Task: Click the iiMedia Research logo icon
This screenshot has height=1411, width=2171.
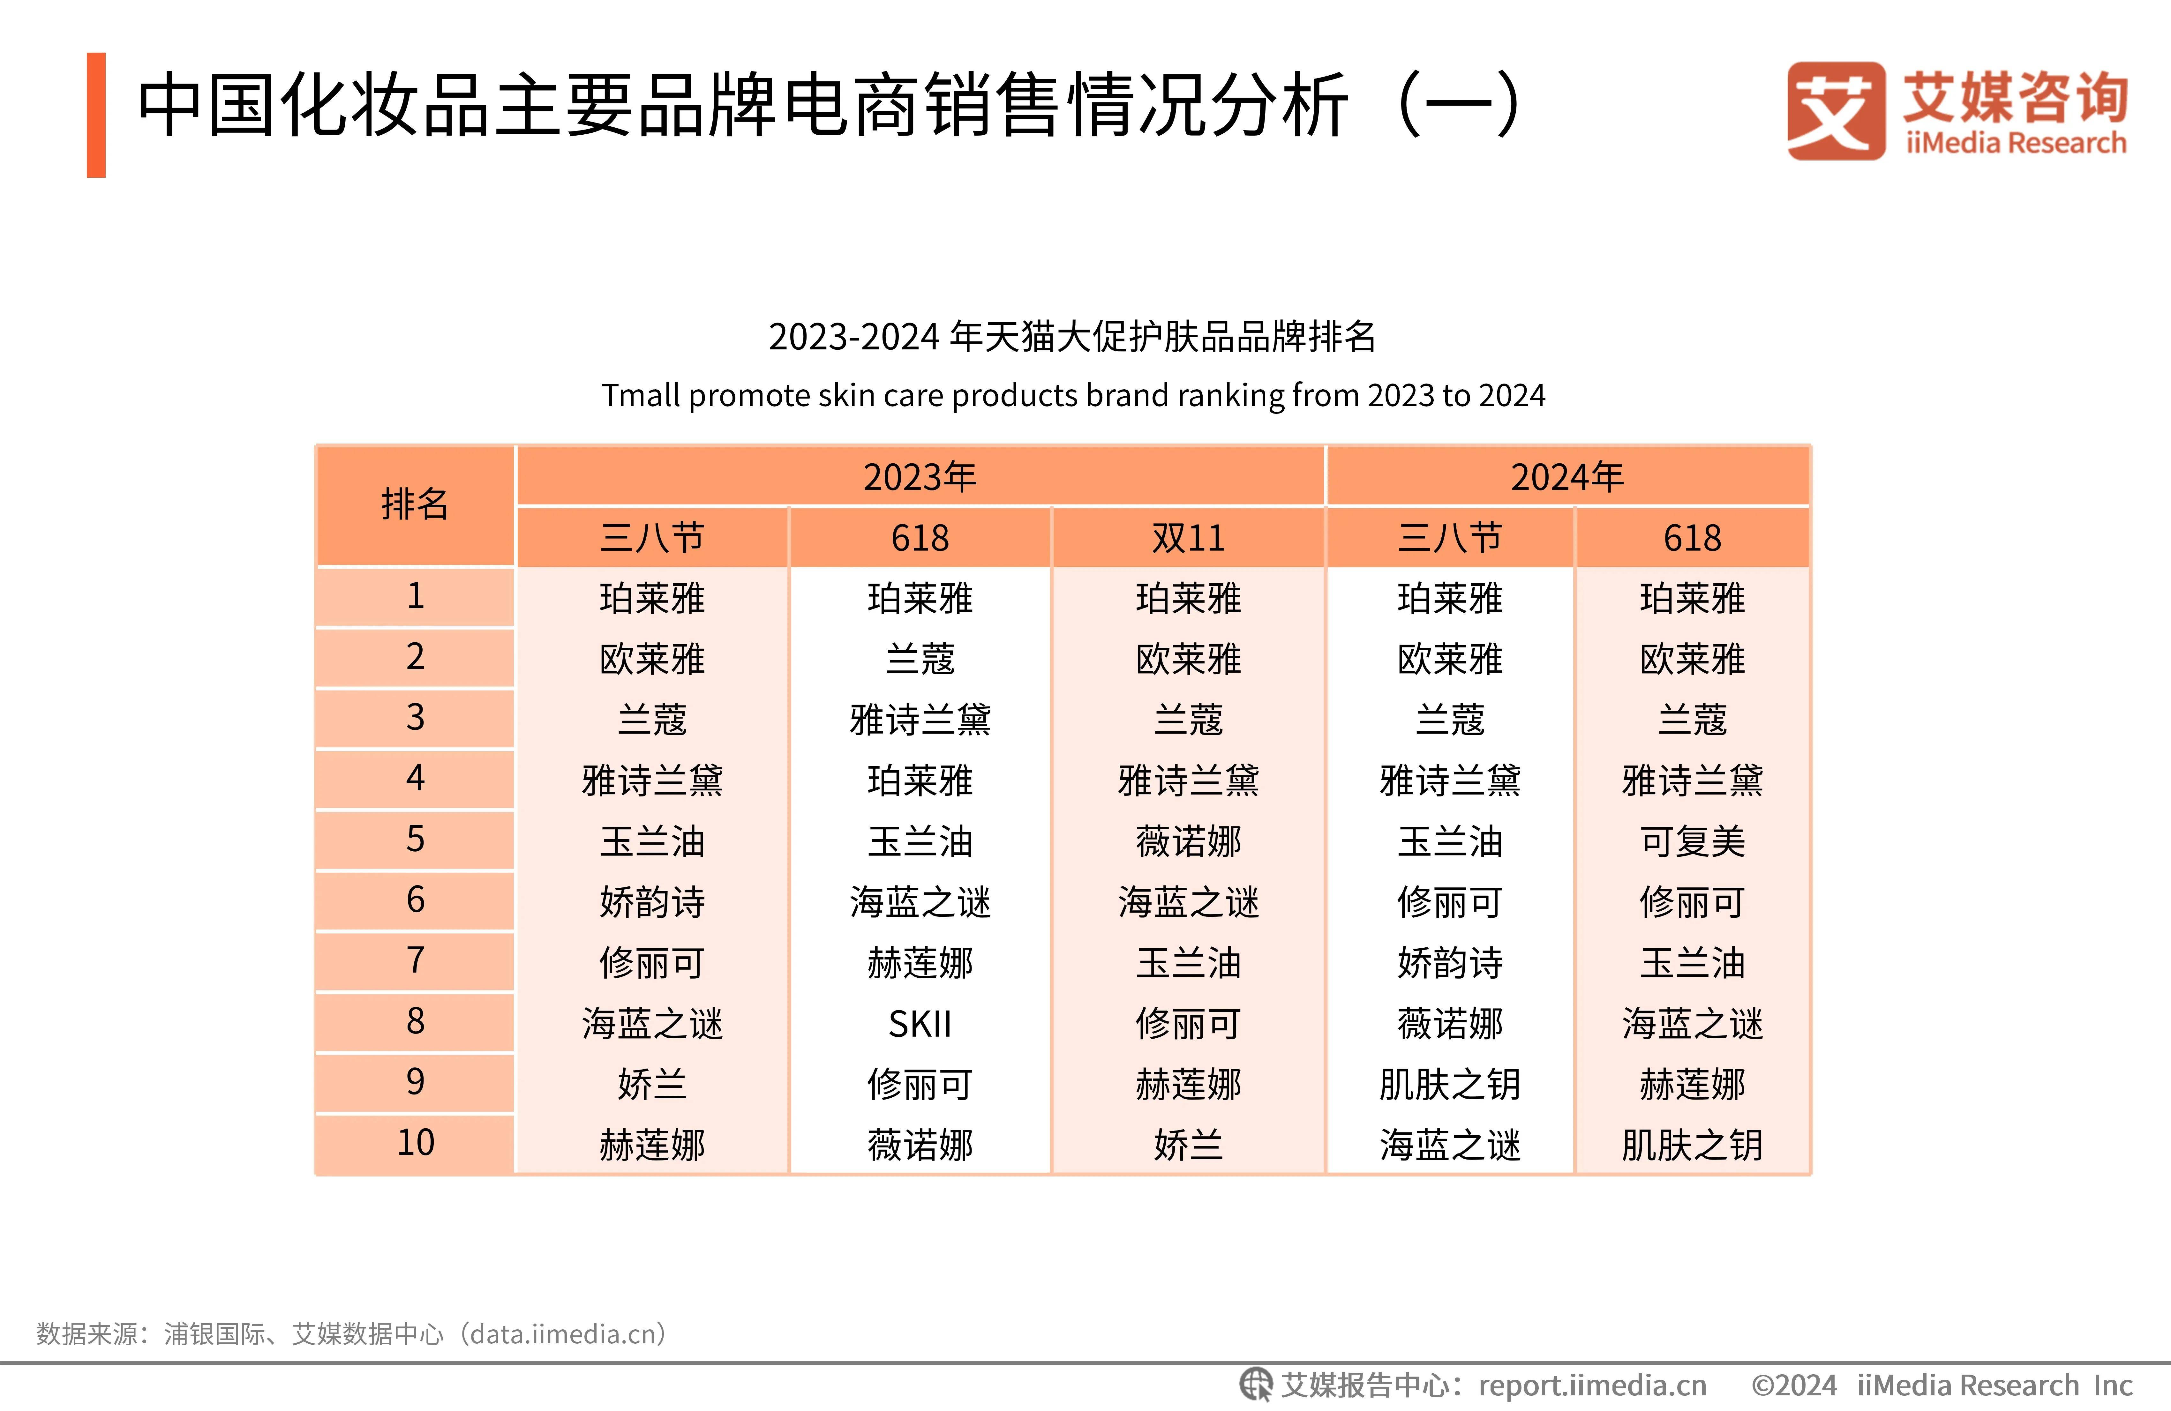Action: point(1835,111)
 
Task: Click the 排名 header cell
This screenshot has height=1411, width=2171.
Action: point(415,504)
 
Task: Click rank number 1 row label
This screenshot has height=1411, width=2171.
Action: point(415,596)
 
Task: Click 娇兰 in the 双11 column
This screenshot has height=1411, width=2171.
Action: point(1188,1145)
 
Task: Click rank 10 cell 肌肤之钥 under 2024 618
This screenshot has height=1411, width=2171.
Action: point(1692,1145)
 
